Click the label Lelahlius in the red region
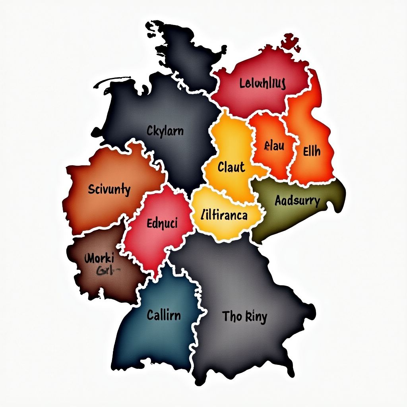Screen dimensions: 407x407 click(x=263, y=84)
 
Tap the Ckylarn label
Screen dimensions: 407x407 click(x=165, y=130)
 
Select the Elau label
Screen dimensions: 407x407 click(x=274, y=146)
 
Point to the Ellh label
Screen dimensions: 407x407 click(x=312, y=151)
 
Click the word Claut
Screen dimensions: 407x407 click(x=231, y=167)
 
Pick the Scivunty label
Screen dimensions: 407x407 click(x=109, y=190)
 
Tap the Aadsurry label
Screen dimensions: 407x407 click(x=297, y=201)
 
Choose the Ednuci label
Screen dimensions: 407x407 click(x=162, y=223)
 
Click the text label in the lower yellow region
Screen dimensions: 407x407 click(x=225, y=215)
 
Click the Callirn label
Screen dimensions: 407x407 click(x=164, y=316)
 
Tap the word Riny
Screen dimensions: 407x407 click(x=256, y=317)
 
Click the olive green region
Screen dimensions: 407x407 click(x=278, y=223)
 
